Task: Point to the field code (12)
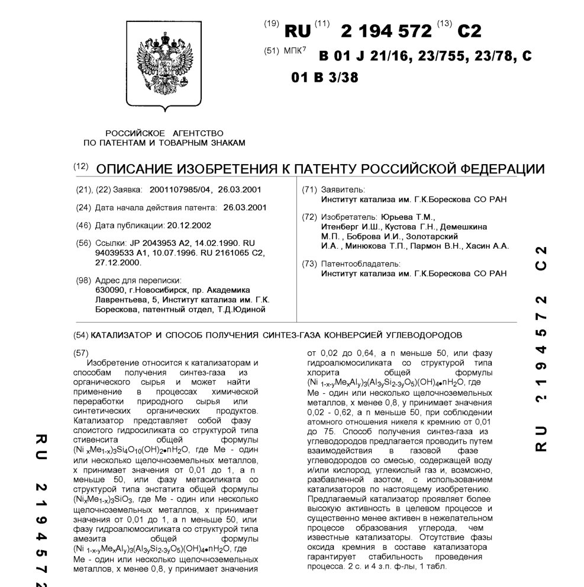[80, 167]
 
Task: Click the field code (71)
[309, 190]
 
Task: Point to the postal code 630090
[109, 290]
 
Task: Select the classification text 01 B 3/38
[325, 78]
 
